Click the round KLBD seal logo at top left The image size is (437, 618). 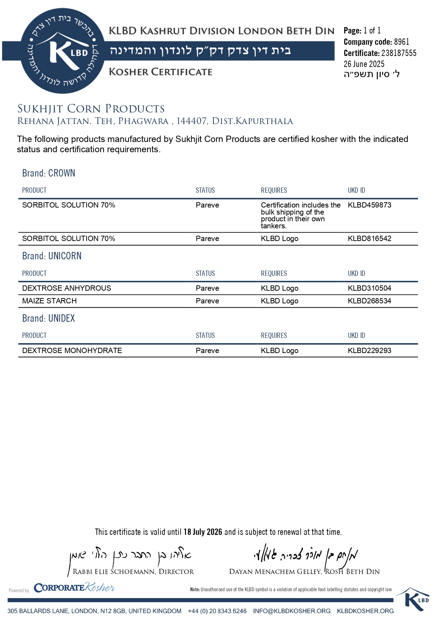pos(63,51)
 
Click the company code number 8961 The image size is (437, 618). pos(401,42)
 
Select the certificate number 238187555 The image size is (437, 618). pos(399,53)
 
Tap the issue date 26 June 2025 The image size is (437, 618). pos(364,64)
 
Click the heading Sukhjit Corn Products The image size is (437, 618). pos(91,109)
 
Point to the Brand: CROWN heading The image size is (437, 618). pos(49,173)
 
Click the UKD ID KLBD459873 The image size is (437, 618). pos(369,205)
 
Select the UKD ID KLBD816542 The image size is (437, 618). pos(369,239)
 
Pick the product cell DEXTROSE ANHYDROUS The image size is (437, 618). pos(67,288)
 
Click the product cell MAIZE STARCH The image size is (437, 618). pos(49,301)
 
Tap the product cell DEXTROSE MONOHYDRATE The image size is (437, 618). pos(72,351)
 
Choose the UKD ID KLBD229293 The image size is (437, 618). pos(369,351)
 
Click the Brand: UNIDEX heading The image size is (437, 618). pos(49,319)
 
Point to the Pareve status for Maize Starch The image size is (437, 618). pos(207,301)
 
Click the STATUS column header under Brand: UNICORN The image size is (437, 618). pos(205,273)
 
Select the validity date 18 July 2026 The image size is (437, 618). pos(203,532)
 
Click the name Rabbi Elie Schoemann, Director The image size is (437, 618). pos(133,572)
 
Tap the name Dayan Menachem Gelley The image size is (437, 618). pos(275,572)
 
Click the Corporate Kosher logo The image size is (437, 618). pos(74,588)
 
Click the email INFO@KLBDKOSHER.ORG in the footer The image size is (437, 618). pos(292,611)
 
